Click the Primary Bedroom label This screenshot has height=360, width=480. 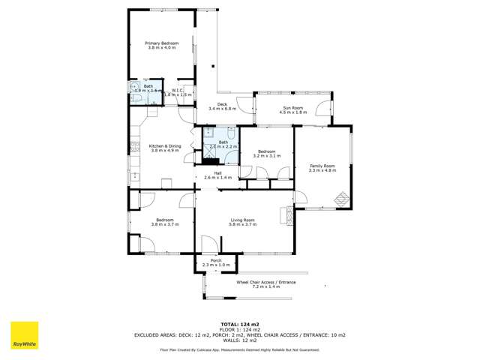[162, 43]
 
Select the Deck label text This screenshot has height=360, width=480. [222, 104]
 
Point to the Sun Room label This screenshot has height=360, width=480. [292, 108]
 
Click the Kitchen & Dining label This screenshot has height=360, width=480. [165, 145]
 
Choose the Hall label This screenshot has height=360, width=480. [217, 173]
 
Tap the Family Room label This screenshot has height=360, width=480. [322, 165]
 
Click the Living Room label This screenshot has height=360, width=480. [243, 219]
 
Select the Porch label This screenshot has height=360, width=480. [216, 260]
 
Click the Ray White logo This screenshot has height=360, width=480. [23, 335]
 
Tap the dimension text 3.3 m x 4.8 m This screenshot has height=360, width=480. [322, 170]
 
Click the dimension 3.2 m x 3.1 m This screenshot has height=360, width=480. [268, 156]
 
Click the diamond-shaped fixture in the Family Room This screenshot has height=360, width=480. [340, 199]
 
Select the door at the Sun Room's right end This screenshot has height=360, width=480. [322, 109]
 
